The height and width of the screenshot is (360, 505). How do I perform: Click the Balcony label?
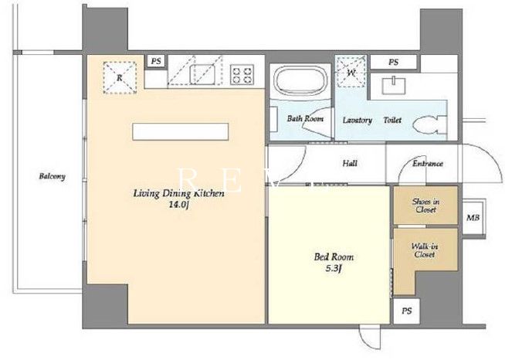[53, 176]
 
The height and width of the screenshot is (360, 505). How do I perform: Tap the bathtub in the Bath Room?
[300, 80]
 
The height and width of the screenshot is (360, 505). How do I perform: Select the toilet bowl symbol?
[429, 124]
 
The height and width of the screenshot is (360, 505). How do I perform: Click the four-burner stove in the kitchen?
[242, 75]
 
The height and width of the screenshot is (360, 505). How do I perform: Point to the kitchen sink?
[202, 74]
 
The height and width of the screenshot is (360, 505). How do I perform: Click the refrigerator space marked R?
[120, 78]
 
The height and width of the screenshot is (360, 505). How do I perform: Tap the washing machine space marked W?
[351, 73]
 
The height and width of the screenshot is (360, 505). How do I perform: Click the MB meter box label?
[473, 218]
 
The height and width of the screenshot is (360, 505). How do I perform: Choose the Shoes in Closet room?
[425, 205]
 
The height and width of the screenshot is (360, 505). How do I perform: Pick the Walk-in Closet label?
[425, 250]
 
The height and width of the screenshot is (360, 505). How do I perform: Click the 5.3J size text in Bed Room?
[333, 268]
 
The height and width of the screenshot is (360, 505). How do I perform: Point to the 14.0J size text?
[178, 204]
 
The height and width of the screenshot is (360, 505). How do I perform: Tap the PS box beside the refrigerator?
[156, 61]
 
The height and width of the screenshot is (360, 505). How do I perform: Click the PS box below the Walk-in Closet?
[406, 311]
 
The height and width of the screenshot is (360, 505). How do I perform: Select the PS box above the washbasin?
[393, 62]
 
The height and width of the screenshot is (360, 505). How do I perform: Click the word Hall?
[350, 164]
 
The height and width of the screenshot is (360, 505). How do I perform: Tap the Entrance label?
[428, 164]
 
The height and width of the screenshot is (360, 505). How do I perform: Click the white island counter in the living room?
[181, 132]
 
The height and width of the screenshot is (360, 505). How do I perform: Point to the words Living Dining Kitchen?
[178, 193]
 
